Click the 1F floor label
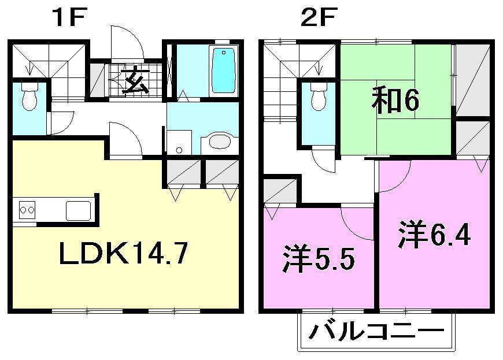69,18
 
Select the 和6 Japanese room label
395,102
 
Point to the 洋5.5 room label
318,259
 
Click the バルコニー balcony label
376,332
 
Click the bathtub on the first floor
223,70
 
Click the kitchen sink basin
79,210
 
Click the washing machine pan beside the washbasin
179,142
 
